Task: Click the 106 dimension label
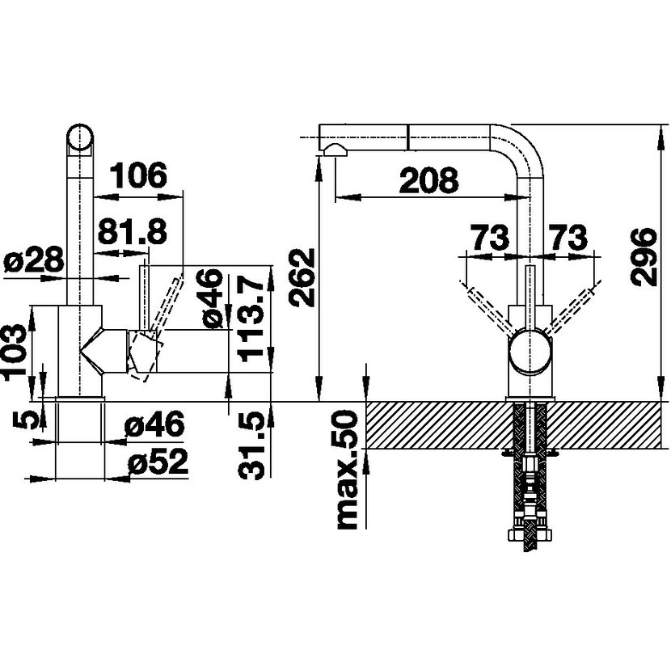coord(139,175)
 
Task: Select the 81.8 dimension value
coord(133,231)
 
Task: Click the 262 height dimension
coord(302,278)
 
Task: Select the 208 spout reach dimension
coord(428,180)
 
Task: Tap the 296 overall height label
coord(644,256)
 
